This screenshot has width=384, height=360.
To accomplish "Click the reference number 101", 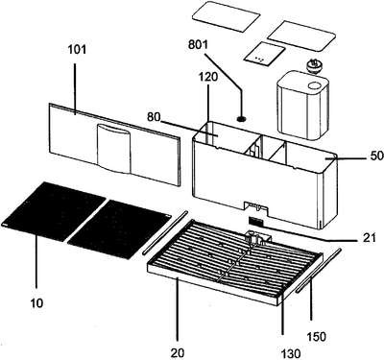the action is (77, 50).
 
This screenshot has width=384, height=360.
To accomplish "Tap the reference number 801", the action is (198, 44).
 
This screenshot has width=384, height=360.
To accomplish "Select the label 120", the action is (207, 77).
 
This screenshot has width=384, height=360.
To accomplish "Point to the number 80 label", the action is (154, 117).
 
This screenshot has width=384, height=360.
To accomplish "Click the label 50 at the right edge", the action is (377, 156).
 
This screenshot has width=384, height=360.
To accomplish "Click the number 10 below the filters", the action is (36, 302).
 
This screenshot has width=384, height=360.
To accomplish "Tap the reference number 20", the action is (178, 352).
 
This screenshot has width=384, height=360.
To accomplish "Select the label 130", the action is (292, 353).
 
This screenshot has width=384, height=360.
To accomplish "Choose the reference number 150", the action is (317, 336).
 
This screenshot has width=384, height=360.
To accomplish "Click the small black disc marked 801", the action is (242, 119).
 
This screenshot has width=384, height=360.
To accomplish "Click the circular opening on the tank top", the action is (315, 85).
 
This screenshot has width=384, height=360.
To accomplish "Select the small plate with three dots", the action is (264, 55).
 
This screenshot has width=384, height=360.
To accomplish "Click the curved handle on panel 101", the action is (114, 149).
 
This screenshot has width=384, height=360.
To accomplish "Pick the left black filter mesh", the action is (54, 210).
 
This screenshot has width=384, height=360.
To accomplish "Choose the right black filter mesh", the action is (119, 229).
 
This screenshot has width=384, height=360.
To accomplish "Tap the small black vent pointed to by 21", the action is (256, 221).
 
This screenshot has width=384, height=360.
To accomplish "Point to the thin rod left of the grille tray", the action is (164, 232).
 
